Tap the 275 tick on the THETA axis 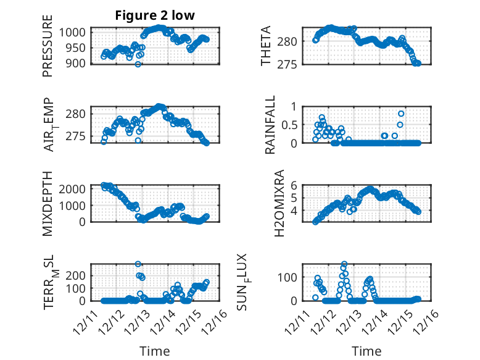(291, 64)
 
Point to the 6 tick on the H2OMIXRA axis (295, 184)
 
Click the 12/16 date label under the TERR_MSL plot (213, 321)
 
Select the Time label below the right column (366, 351)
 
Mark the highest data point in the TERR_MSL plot (138, 264)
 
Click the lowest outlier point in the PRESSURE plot (138, 64)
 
